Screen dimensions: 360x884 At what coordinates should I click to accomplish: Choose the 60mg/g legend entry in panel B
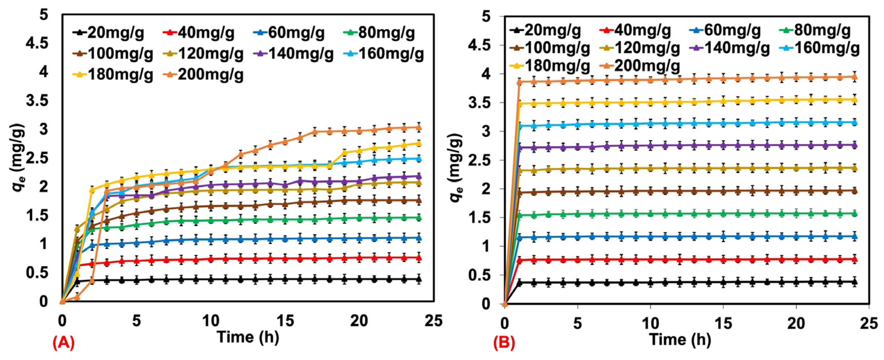point(725,31)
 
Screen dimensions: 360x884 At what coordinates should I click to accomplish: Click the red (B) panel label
point(504,344)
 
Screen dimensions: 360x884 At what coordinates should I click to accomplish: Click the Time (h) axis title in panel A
point(248,338)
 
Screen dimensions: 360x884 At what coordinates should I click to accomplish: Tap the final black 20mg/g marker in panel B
point(862,282)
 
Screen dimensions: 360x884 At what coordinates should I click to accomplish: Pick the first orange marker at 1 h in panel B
point(519,82)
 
